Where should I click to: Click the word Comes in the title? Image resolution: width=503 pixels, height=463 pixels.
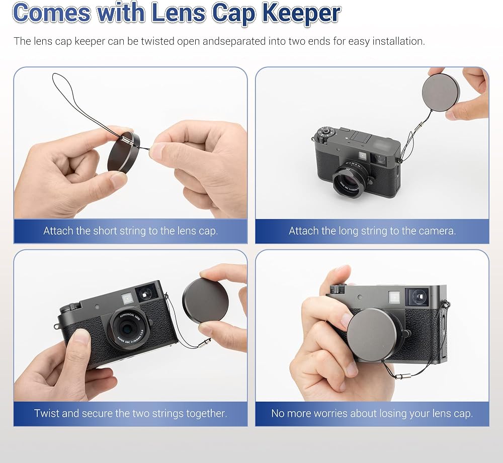point(52,13)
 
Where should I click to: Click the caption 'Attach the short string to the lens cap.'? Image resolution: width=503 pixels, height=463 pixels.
point(131,231)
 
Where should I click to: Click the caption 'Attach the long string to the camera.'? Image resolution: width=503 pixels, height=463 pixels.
point(372,231)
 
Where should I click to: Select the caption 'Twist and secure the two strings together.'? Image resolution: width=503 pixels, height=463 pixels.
point(131,413)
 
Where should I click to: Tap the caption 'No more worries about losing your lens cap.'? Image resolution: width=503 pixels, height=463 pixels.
point(372,413)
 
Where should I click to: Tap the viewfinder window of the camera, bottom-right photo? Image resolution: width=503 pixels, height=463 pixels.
point(416,297)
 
